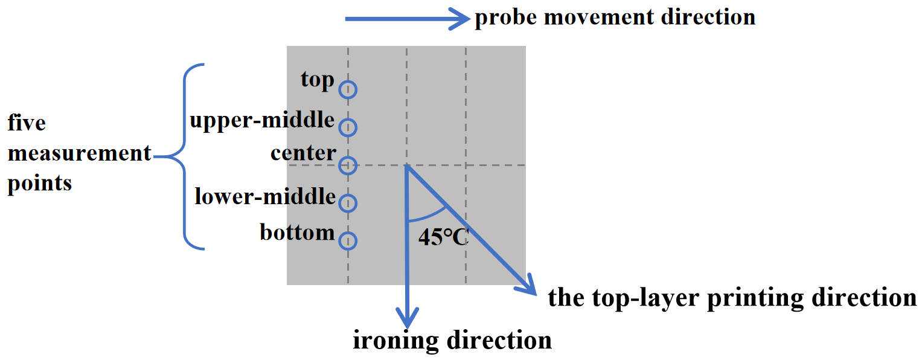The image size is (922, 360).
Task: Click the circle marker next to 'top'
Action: [x=347, y=89]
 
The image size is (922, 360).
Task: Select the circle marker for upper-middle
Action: [x=347, y=127]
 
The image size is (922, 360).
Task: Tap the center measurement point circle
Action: [x=347, y=165]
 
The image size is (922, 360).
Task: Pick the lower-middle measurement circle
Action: [x=347, y=203]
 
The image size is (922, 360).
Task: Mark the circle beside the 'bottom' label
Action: [x=347, y=241]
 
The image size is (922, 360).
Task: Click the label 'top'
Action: [x=318, y=80]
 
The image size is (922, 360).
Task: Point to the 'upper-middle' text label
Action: [x=262, y=120]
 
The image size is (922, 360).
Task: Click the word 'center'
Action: [x=303, y=153]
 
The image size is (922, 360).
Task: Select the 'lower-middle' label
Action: [x=265, y=196]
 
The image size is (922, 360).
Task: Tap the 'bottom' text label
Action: [x=297, y=232]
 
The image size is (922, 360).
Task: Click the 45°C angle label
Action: [x=443, y=237]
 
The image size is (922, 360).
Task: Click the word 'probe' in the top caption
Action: [x=504, y=18]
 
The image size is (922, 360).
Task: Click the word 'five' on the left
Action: [x=27, y=123]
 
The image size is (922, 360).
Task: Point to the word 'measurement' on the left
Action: [x=79, y=153]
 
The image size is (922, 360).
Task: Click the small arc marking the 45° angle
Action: [x=430, y=216]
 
